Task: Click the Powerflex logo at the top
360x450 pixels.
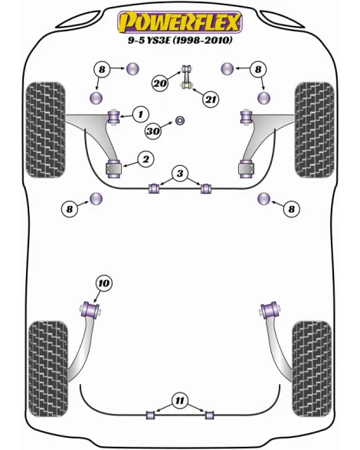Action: click(180, 22)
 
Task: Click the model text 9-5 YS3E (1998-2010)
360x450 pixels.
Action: click(180, 40)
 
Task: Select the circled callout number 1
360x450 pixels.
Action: click(141, 115)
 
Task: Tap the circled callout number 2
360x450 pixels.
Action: click(146, 159)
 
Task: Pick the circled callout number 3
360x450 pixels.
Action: click(180, 173)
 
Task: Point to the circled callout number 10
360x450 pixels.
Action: click(103, 283)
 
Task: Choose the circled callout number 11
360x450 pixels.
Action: click(179, 401)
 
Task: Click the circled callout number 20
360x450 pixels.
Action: click(160, 83)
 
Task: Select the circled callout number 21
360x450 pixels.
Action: click(211, 99)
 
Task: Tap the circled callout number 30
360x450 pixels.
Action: click(153, 131)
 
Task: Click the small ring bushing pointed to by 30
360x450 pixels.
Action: click(180, 121)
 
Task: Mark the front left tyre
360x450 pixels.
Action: click(45, 130)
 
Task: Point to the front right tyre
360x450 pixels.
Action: click(315, 130)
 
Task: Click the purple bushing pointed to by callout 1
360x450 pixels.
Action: click(113, 116)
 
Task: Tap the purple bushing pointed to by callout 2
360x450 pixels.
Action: click(114, 170)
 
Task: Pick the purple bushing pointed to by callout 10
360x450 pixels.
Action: click(90, 309)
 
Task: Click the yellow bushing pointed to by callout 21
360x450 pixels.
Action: click(187, 85)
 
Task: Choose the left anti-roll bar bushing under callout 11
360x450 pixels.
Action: click(151, 415)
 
